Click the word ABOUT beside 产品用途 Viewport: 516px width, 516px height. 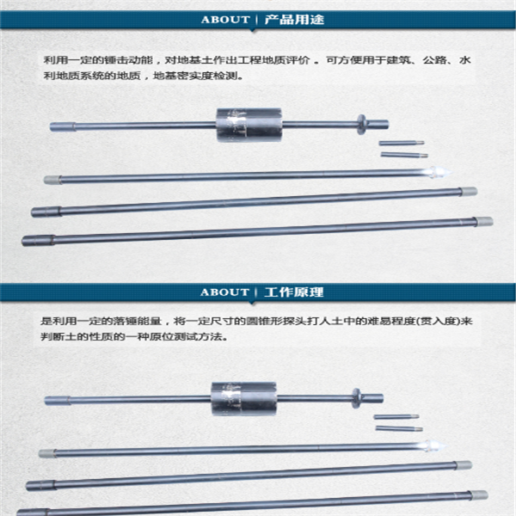point(224,19)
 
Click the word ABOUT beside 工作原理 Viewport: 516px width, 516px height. point(224,292)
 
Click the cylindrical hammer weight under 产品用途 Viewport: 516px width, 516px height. point(249,126)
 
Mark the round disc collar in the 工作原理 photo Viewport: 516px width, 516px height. point(354,399)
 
